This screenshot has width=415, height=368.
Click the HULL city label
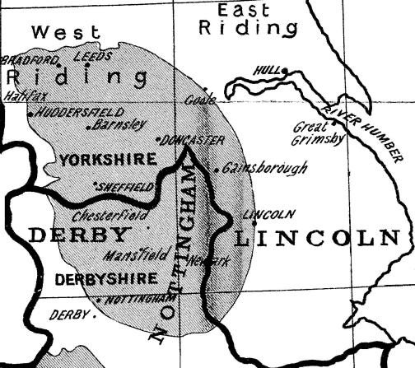(x=268, y=71)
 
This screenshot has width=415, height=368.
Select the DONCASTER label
(x=194, y=140)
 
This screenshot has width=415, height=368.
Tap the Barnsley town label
(x=113, y=128)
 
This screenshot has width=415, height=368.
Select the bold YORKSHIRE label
(x=108, y=159)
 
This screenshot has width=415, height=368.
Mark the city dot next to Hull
(x=285, y=71)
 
